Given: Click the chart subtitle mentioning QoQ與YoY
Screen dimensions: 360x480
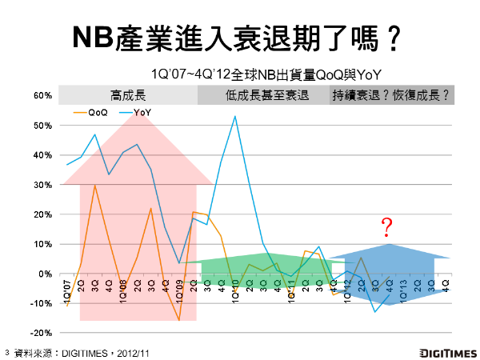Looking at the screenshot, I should click(265, 74).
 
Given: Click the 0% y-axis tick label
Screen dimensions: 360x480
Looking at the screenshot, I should click(46, 274).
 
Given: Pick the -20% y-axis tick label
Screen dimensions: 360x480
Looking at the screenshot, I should click(42, 333).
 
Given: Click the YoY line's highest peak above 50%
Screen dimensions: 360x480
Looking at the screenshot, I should click(234, 117).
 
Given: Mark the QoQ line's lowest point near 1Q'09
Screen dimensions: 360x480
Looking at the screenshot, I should click(179, 320).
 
